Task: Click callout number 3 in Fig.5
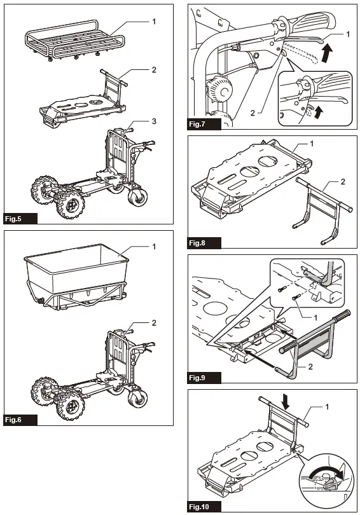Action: (154, 121)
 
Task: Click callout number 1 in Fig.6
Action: (154, 245)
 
